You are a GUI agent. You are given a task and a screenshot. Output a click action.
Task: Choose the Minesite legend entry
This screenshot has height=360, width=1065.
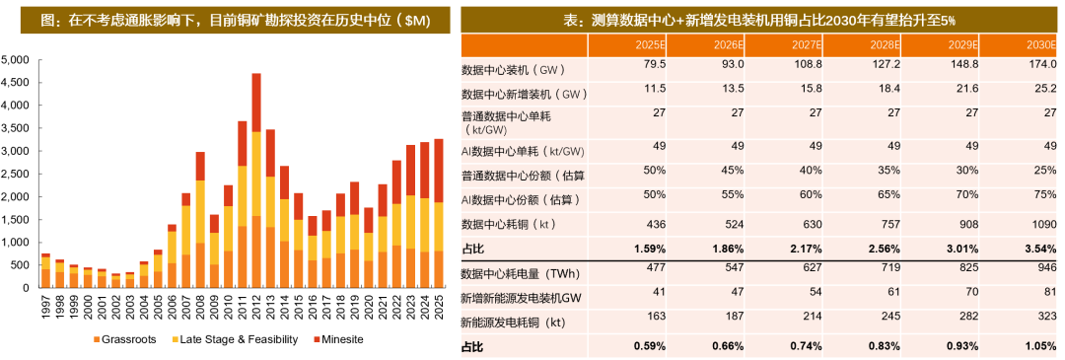click(336, 340)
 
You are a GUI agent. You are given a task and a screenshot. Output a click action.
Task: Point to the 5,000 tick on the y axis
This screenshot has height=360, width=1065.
click(17, 59)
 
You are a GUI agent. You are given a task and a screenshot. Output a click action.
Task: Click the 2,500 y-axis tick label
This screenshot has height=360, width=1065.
click(17, 174)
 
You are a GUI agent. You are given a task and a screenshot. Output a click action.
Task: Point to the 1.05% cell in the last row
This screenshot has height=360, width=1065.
click(1034, 346)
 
